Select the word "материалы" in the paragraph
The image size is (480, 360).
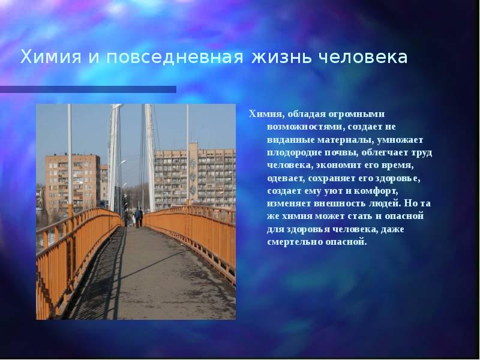pyautogui.click(x=346, y=140)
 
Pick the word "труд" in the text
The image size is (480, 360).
pyautogui.click(x=421, y=152)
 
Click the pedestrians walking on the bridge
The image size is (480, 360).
pyautogui.click(x=137, y=216)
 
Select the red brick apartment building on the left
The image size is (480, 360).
pyautogui.click(x=72, y=180)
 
